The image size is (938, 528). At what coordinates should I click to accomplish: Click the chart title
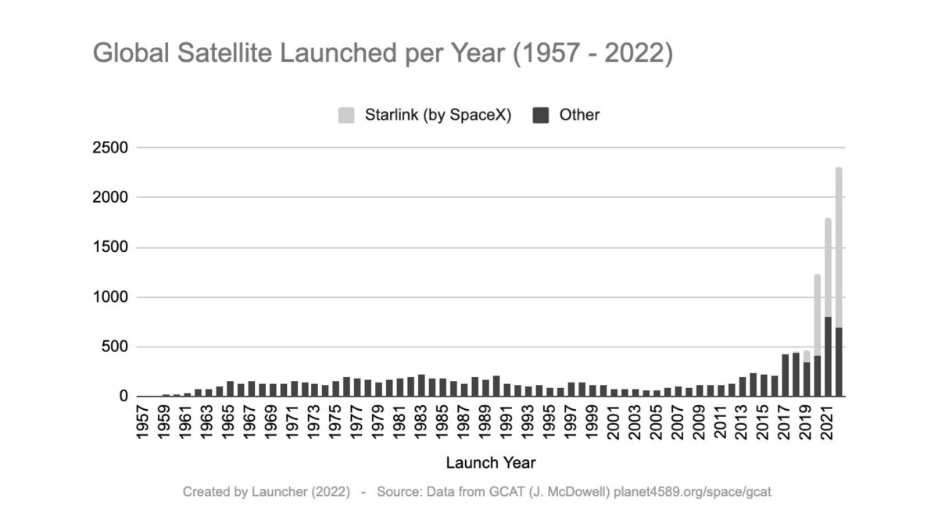(382, 54)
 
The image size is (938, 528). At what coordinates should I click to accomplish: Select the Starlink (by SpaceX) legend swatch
(345, 116)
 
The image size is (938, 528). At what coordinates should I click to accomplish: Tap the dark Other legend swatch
(540, 116)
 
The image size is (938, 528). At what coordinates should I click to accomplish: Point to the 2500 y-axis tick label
(110, 148)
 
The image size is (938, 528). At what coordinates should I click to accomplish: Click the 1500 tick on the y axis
(110, 248)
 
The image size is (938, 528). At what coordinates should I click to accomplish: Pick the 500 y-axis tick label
(114, 347)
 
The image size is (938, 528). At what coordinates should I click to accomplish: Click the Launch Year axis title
(491, 462)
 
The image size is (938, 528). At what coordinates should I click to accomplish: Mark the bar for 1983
(421, 386)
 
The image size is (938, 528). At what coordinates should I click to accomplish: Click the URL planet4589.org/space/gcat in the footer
(693, 492)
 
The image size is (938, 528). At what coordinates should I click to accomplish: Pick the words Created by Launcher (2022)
(267, 492)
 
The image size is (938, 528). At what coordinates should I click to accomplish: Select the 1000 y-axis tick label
(110, 297)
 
